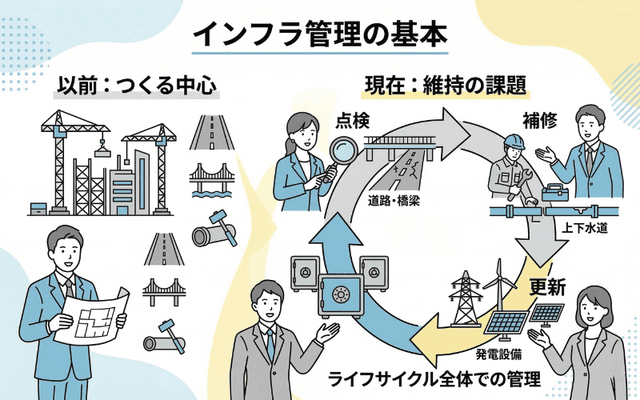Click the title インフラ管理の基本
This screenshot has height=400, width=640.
[320, 33]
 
